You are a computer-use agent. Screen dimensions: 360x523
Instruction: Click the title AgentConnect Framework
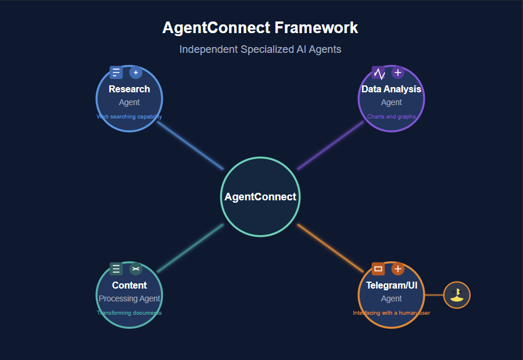pos(260,27)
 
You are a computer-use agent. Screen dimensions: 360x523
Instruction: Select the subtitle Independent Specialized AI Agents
pos(260,49)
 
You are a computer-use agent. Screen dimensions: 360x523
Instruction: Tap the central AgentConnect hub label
pos(260,197)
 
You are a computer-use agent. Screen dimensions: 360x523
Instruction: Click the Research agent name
pos(129,89)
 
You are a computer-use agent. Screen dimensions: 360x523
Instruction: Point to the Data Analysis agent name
pos(391,89)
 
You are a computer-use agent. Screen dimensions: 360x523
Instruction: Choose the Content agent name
pos(129,285)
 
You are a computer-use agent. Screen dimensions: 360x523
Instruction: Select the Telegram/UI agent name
pos(391,285)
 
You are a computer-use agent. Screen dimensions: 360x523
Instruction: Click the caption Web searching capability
pos(129,117)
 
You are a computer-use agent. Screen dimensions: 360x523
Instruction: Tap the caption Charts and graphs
pos(391,117)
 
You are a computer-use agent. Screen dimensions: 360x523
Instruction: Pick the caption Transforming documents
pos(129,313)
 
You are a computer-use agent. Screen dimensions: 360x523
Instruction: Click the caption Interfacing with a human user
pos(391,313)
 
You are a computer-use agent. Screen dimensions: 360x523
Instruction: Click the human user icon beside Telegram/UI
pos(457,295)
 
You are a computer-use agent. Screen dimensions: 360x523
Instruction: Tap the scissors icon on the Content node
pos(135,269)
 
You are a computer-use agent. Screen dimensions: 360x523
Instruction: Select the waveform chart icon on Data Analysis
pos(379,73)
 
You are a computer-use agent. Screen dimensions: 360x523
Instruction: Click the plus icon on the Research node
pos(135,73)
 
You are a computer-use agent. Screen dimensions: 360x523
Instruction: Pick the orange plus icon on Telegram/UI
pos(397,269)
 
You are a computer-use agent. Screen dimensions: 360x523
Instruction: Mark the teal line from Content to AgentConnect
pos(190,248)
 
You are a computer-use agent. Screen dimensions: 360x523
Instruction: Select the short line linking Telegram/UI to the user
pos(434,295)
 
